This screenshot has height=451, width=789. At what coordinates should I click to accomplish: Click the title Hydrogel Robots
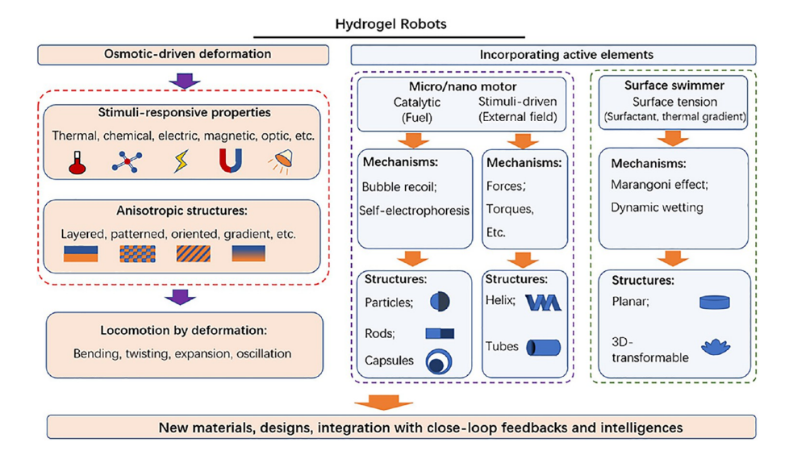pos(390,23)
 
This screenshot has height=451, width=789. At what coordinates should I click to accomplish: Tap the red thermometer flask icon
pos(77,162)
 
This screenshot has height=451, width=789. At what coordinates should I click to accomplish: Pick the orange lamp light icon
pos(280,162)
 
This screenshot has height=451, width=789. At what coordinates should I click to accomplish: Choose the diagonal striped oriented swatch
pos(193,253)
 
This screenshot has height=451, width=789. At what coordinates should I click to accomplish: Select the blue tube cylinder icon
pos(543,348)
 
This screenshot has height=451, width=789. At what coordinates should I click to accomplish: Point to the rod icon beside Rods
pos(440,332)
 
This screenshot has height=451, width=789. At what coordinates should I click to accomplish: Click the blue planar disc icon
pos(714,303)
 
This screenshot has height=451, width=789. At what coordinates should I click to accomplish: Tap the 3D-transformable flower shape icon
pos(715,348)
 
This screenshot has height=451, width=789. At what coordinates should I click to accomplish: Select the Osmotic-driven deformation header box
pos(184,54)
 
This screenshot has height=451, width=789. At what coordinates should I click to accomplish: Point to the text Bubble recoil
pos(397,187)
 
